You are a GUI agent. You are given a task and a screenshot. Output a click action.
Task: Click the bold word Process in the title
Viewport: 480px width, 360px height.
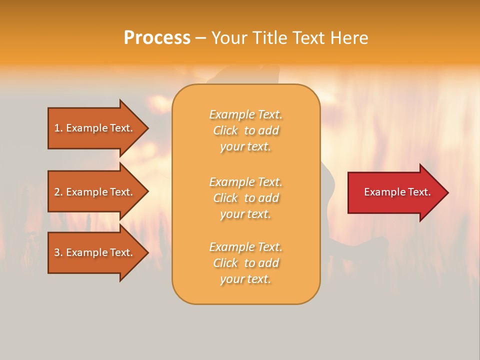(157, 38)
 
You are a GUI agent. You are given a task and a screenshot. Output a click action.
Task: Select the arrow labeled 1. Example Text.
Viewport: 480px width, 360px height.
(95, 128)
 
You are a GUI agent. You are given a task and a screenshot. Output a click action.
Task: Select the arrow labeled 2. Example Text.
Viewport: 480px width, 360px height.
(95, 192)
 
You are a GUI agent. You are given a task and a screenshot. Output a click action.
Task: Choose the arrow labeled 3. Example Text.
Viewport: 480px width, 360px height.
(95, 252)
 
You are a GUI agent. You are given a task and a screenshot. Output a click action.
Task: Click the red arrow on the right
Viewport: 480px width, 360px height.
(395, 192)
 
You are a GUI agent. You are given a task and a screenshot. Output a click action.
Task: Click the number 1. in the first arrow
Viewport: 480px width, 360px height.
(58, 128)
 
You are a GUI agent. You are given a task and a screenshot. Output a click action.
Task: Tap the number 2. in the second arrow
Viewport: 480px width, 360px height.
(58, 192)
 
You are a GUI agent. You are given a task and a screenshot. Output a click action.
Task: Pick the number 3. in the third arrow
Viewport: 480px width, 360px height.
(58, 252)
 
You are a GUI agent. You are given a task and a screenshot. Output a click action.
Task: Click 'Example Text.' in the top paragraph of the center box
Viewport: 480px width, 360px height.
(245, 114)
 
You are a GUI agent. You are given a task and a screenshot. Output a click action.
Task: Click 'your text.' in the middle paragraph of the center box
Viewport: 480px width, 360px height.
(245, 214)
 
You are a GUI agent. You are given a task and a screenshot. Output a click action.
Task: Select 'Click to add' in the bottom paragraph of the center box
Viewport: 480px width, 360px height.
(245, 263)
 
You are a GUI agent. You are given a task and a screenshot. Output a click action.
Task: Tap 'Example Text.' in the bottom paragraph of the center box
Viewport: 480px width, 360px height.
(245, 247)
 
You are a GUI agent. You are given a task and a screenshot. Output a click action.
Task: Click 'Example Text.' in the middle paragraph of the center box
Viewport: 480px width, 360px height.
(245, 182)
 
